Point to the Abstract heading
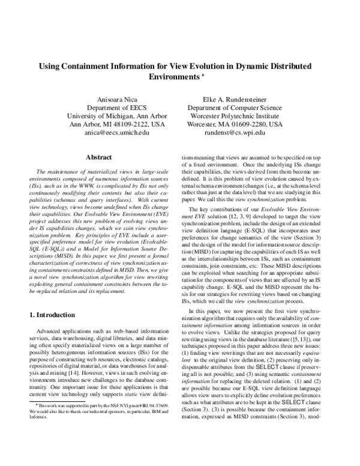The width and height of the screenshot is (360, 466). (x=100, y=157)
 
